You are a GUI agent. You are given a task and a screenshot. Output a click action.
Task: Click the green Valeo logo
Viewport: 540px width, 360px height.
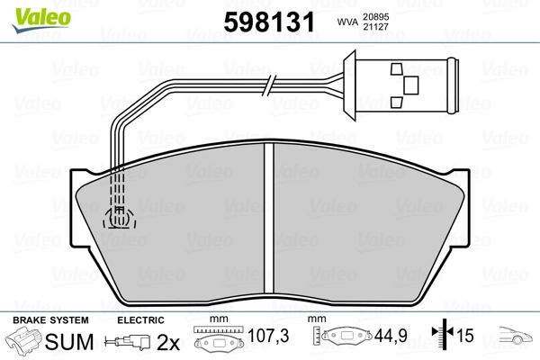tap(41, 19)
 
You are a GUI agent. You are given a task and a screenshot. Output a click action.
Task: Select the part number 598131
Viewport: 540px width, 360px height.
tap(269, 22)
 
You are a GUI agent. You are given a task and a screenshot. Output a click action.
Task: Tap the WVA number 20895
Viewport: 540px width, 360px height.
tap(375, 17)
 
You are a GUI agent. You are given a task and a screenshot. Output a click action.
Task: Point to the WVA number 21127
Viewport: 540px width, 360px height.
tap(375, 27)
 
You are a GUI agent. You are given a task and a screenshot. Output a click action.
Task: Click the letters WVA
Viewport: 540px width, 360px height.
tap(347, 22)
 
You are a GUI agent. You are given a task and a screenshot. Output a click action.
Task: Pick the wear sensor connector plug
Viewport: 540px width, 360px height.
tap(401, 85)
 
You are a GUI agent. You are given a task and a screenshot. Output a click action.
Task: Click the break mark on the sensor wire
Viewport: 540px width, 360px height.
tap(269, 85)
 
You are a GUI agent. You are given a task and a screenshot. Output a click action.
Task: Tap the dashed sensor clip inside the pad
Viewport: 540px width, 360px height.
tap(119, 217)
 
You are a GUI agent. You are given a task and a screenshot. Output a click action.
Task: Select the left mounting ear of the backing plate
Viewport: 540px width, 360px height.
tap(76, 208)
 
